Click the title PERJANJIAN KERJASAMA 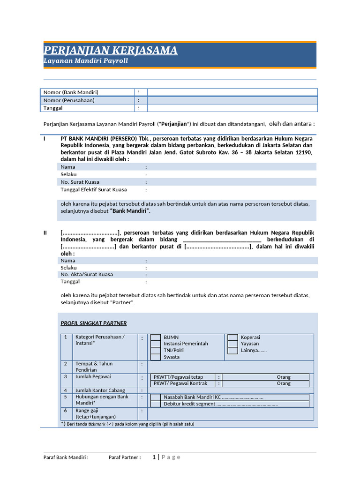coord(110,50)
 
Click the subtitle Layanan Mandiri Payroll coord(85,61)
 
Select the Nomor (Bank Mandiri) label coord(71,92)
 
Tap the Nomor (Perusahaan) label coord(69,100)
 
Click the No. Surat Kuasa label coord(80,182)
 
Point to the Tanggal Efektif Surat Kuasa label coord(94,190)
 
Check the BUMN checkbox coord(156,337)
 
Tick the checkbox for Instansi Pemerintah coord(156,344)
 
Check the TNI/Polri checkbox coord(156,350)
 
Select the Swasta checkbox coord(156,357)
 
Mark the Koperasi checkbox coord(232,337)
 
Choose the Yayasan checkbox coord(232,344)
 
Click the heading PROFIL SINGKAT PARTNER coord(94,323)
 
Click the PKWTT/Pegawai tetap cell coord(183,377)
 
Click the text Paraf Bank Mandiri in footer coord(66,457)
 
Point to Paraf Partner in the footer coord(125,457)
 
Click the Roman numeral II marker coord(45,233)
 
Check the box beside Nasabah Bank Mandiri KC coord(156,397)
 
